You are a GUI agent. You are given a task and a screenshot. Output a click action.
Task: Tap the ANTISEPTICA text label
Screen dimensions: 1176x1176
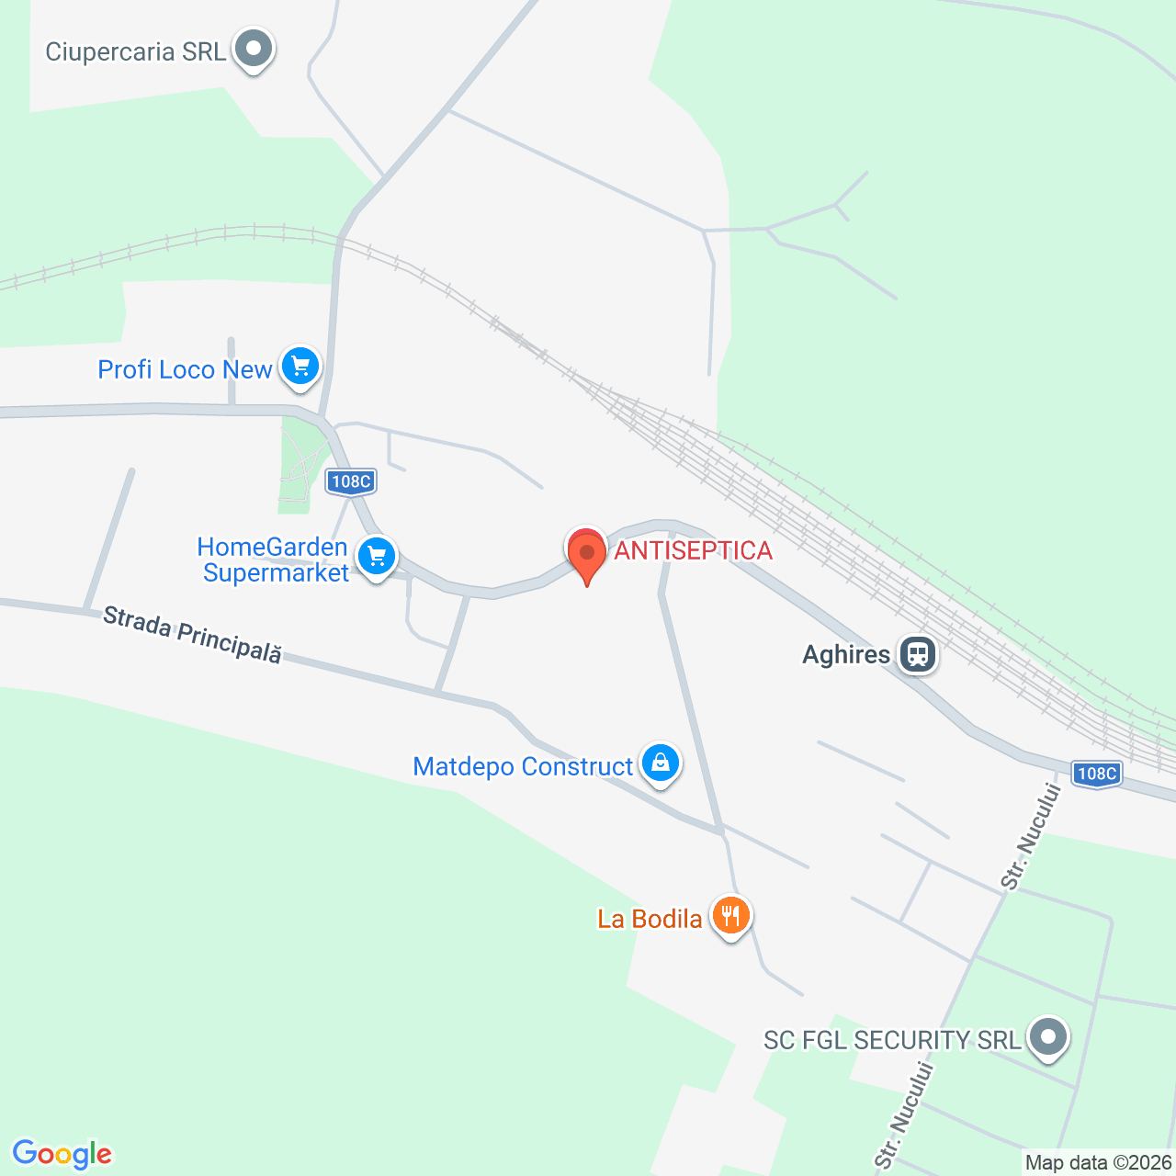tap(693, 550)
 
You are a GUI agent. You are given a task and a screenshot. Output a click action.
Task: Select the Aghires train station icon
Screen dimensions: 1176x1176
tap(917, 654)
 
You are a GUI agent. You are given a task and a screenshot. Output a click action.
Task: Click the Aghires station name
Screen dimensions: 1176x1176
tap(846, 654)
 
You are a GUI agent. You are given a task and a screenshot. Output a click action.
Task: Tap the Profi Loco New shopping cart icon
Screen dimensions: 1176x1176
tap(300, 367)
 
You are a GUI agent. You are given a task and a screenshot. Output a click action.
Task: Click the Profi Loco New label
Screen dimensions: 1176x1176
tap(185, 369)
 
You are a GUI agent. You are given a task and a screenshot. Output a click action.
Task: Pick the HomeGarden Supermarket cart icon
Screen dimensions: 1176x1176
tap(375, 557)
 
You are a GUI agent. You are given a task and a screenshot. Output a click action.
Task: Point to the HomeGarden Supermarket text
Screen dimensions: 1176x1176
tap(274, 560)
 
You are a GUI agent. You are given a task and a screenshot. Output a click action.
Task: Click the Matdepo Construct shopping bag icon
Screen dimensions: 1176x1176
tap(660, 763)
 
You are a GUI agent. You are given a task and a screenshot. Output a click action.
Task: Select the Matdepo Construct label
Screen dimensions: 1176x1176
tap(523, 766)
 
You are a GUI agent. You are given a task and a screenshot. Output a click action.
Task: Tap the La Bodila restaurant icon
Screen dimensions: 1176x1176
tap(730, 915)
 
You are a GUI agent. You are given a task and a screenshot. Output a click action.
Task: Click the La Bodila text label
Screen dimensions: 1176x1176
tap(650, 919)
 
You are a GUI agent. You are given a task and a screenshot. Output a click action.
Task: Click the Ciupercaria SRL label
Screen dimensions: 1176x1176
tap(135, 51)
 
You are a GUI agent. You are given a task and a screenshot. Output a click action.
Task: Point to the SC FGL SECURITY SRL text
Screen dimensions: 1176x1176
tap(892, 1040)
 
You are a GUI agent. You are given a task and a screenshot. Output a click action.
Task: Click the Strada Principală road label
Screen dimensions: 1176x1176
tap(192, 634)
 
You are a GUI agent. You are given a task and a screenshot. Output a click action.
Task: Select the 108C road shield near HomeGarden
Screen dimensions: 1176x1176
tap(351, 481)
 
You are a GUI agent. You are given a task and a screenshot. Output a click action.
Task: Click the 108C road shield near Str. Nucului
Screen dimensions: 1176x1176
tap(1096, 774)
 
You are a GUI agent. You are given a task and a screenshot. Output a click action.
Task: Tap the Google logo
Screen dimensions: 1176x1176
tap(62, 1154)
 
